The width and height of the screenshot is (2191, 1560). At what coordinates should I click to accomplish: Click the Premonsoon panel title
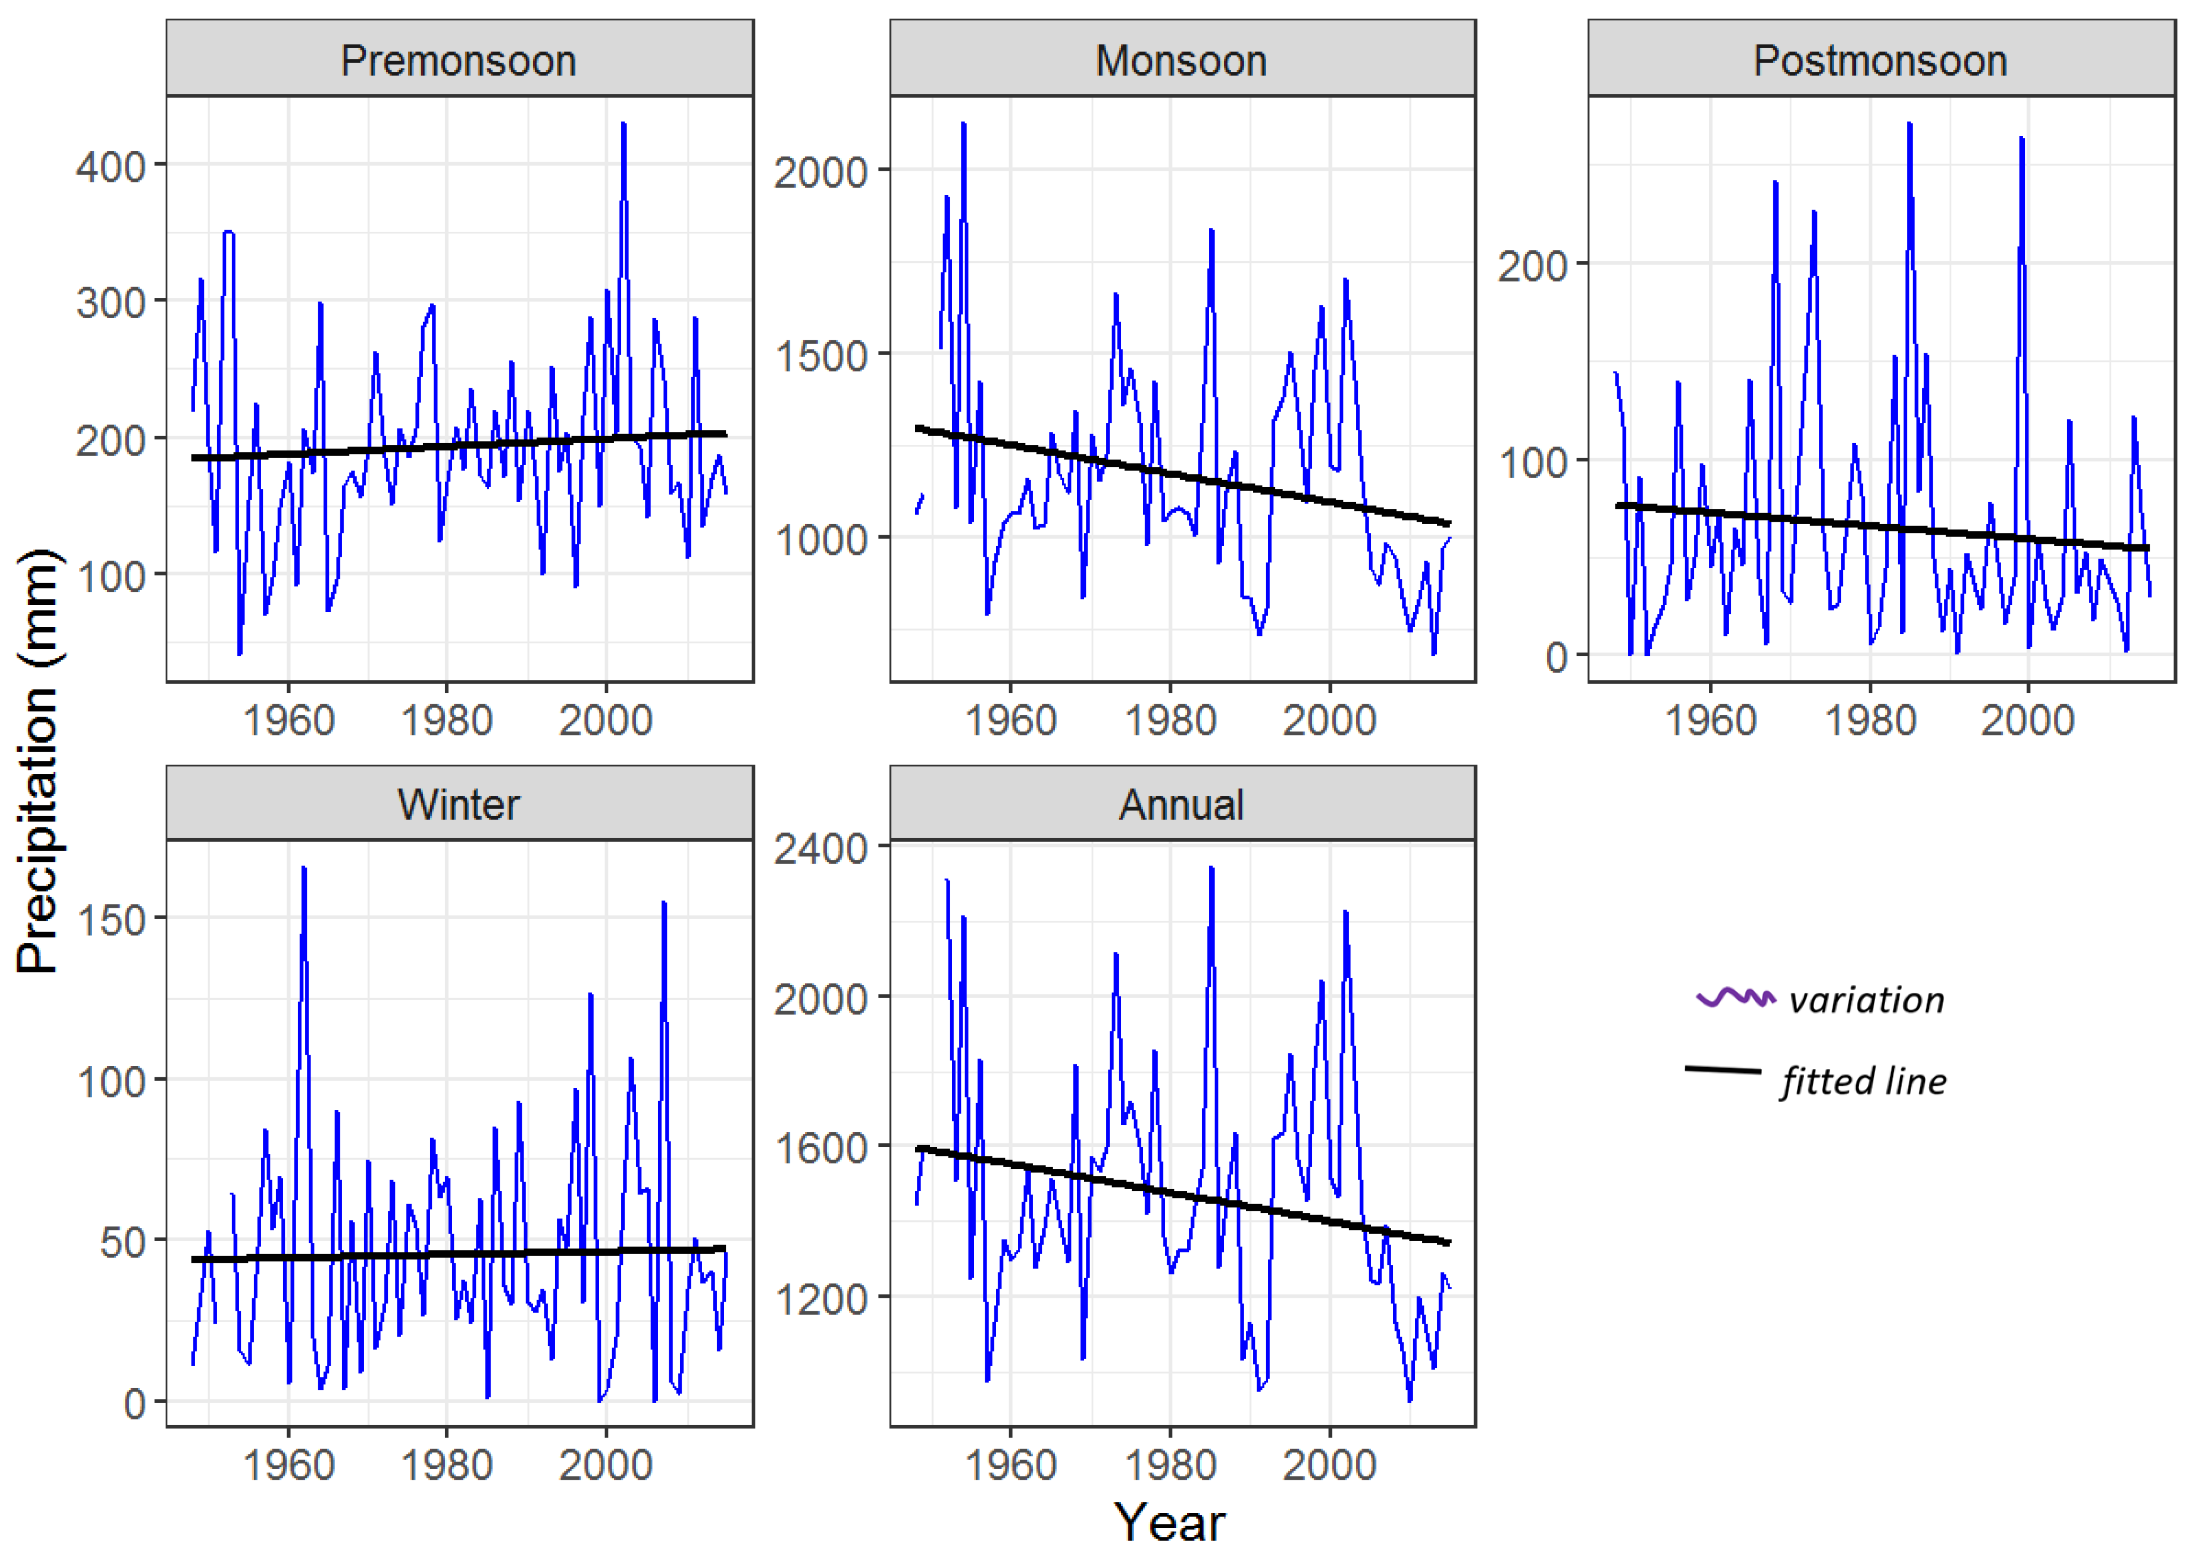[458, 60]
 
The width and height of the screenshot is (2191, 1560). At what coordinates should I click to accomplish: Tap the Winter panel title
[458, 804]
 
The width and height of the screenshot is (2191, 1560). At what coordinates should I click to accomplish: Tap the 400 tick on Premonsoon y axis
[110, 166]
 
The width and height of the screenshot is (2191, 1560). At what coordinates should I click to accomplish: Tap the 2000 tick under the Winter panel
[605, 1464]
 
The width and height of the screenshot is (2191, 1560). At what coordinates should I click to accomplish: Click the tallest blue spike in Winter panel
[304, 868]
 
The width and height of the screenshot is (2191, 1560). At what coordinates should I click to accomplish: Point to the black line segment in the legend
[1722, 1069]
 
